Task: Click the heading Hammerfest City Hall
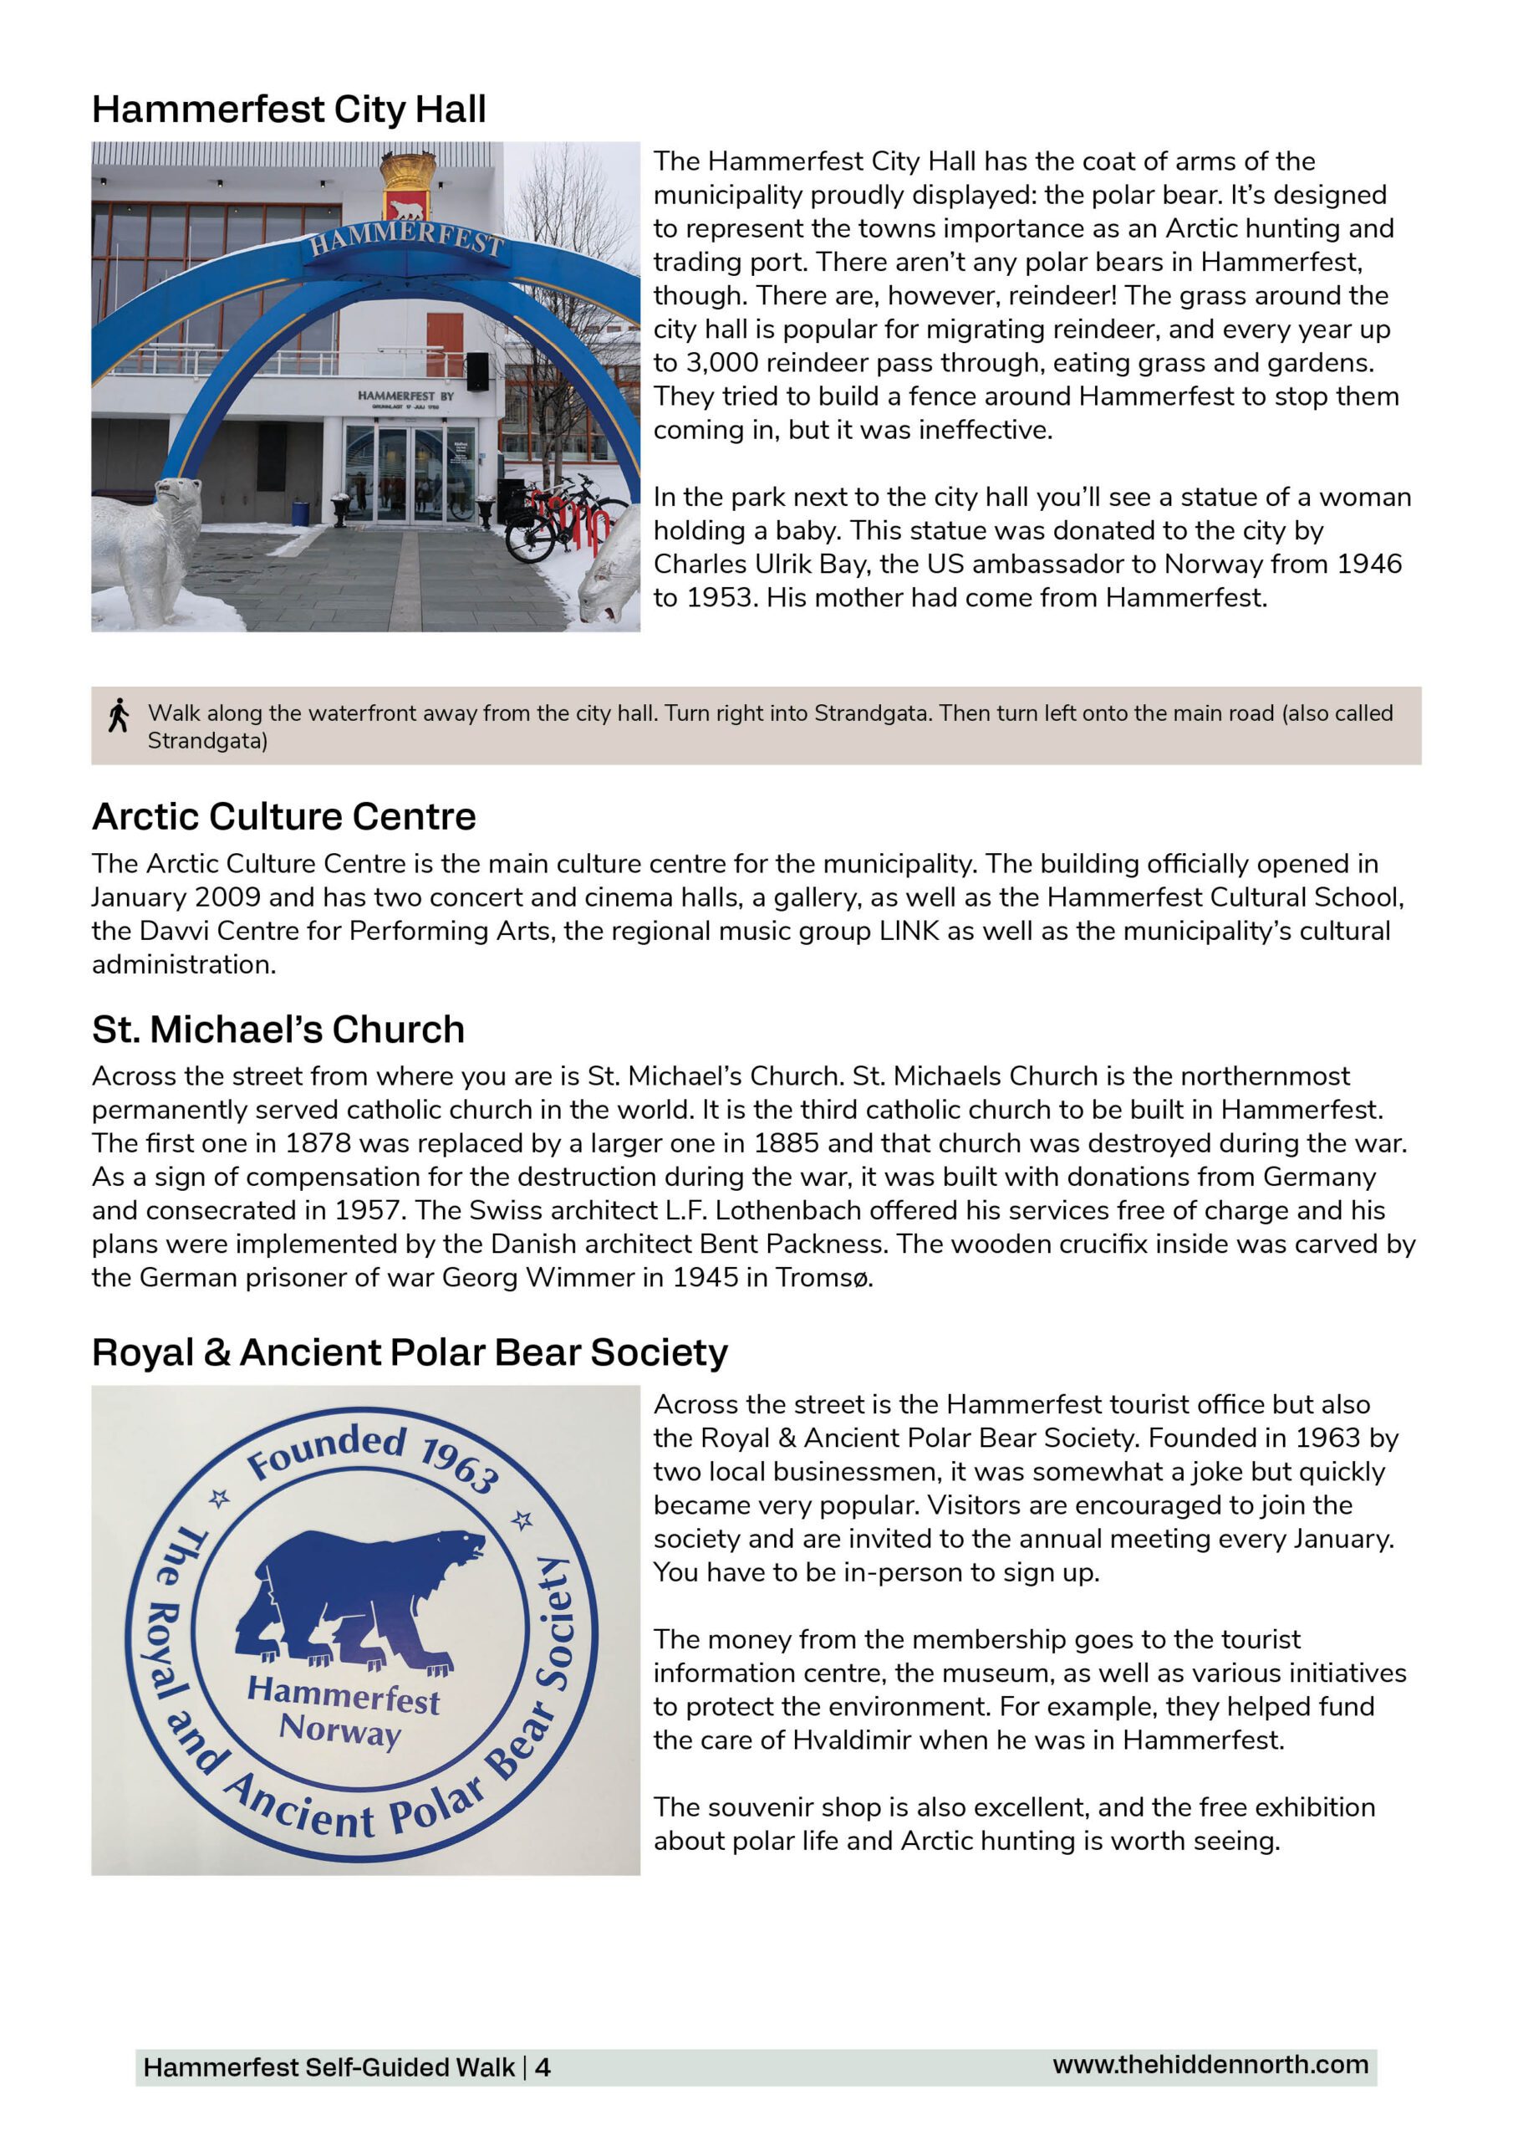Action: click(x=288, y=109)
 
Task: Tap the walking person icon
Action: click(x=119, y=715)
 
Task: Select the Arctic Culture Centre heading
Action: click(x=283, y=816)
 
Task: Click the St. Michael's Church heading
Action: click(x=278, y=1030)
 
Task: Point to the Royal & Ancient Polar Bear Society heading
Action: click(x=410, y=1352)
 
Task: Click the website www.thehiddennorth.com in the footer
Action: click(x=1210, y=2065)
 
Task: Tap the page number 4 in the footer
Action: click(x=543, y=2067)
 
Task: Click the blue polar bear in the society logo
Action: click(x=359, y=1597)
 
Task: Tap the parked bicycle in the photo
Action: click(x=559, y=518)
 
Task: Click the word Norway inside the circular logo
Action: click(x=340, y=1730)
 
